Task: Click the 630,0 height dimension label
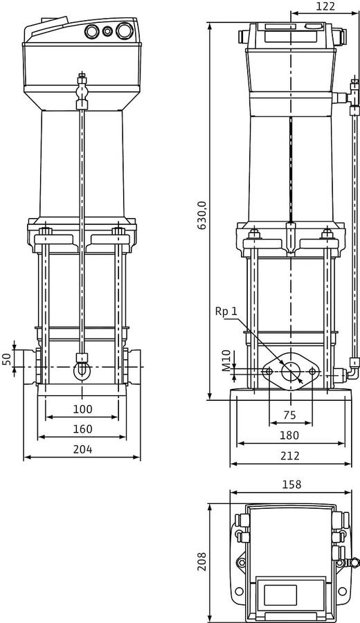point(202,215)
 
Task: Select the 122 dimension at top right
point(325,6)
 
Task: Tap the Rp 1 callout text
point(226,311)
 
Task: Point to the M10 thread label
point(226,361)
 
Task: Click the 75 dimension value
point(289,415)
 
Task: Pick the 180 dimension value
point(289,435)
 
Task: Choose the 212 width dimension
point(289,455)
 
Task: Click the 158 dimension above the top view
point(291,485)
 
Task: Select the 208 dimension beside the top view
point(202,561)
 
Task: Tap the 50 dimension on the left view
point(7,359)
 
